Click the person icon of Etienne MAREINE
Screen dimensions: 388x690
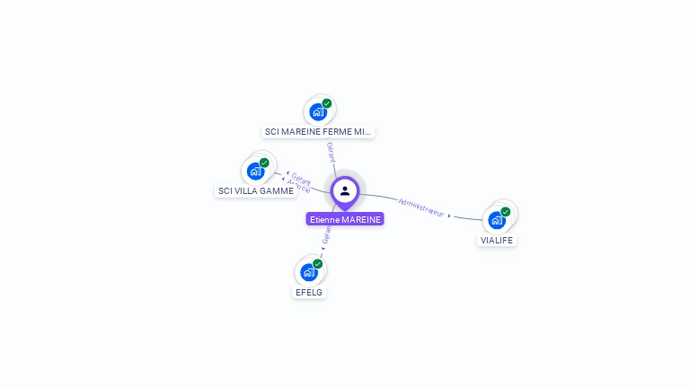click(x=345, y=190)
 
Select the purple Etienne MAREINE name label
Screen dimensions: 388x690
click(x=345, y=219)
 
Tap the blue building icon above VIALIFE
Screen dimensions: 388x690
click(x=496, y=220)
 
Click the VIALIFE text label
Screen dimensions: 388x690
click(x=497, y=240)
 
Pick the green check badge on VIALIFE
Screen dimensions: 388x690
click(x=506, y=212)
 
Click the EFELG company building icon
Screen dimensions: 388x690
click(x=309, y=272)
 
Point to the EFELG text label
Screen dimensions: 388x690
click(x=309, y=292)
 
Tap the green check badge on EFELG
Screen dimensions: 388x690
click(x=318, y=264)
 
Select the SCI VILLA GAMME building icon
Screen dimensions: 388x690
click(x=255, y=171)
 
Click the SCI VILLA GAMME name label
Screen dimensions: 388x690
click(x=256, y=190)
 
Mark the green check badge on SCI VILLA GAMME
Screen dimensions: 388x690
click(x=264, y=163)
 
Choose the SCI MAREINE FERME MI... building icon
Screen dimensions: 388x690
click(x=318, y=111)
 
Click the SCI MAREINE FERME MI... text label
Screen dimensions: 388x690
click(x=318, y=131)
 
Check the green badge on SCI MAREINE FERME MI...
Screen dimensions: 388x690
click(x=327, y=103)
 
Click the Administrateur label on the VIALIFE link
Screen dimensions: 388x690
click(x=420, y=207)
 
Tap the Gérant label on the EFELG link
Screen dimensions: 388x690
click(x=327, y=235)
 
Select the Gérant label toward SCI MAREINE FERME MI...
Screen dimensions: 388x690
click(x=331, y=152)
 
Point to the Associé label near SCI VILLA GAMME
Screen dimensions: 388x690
click(x=299, y=186)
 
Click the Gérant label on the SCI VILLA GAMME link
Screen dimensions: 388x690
click(x=302, y=179)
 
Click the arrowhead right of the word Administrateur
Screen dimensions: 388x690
click(x=449, y=216)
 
